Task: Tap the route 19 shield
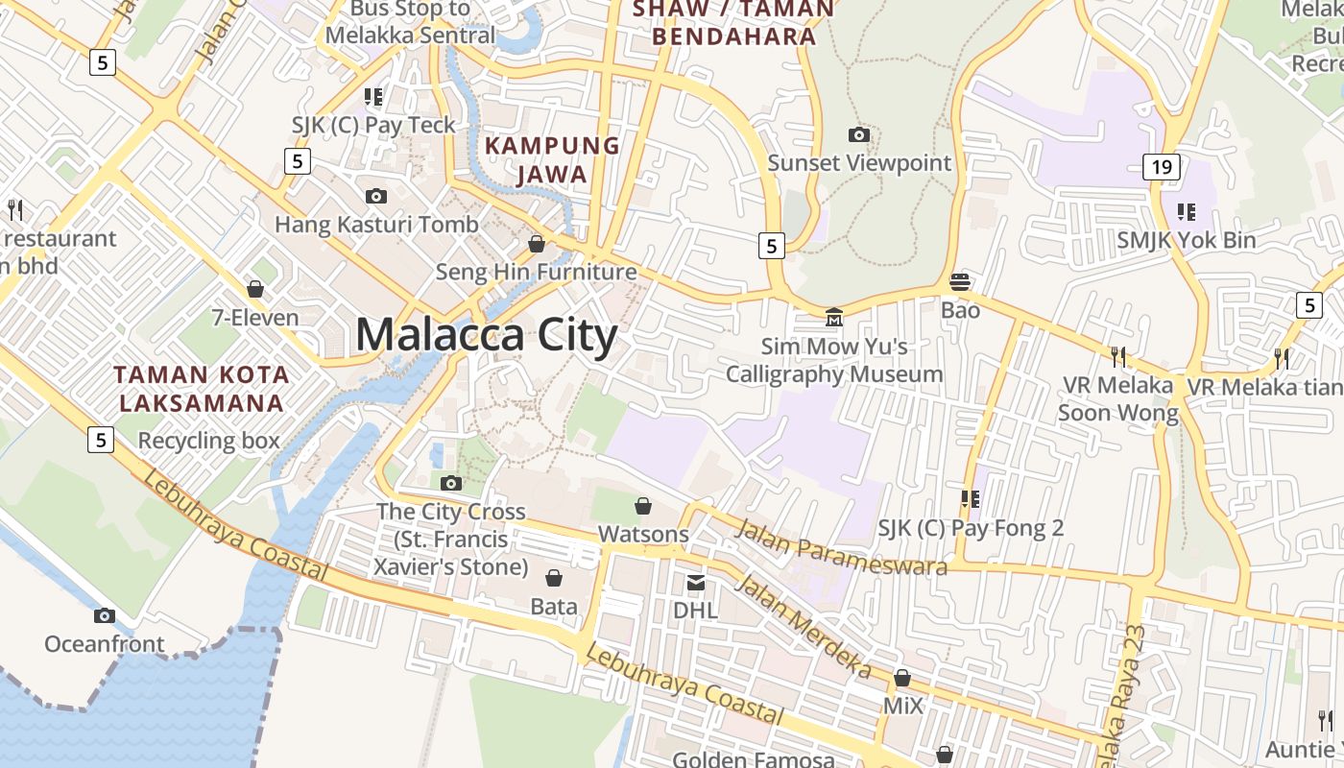pyautogui.click(x=1161, y=167)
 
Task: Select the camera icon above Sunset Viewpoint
pyautogui.click(x=859, y=135)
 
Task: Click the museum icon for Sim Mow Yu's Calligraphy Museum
pyautogui.click(x=834, y=317)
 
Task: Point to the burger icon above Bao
pyautogui.click(x=960, y=282)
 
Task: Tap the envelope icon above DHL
pyautogui.click(x=695, y=583)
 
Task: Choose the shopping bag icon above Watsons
pyautogui.click(x=643, y=506)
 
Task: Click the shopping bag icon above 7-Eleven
pyautogui.click(x=255, y=289)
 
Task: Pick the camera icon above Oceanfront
pyautogui.click(x=105, y=615)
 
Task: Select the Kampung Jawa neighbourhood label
pyautogui.click(x=552, y=160)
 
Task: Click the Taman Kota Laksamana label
pyautogui.click(x=201, y=389)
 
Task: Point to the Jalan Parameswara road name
pyautogui.click(x=830, y=548)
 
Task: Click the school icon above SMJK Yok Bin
pyautogui.click(x=1187, y=211)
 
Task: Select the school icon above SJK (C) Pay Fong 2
pyautogui.click(x=971, y=499)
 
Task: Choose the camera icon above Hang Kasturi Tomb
pyautogui.click(x=376, y=197)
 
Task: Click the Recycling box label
pyautogui.click(x=208, y=441)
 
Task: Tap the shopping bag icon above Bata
pyautogui.click(x=554, y=578)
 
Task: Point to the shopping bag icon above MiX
pyautogui.click(x=902, y=678)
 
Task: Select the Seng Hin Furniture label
pyautogui.click(x=536, y=273)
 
